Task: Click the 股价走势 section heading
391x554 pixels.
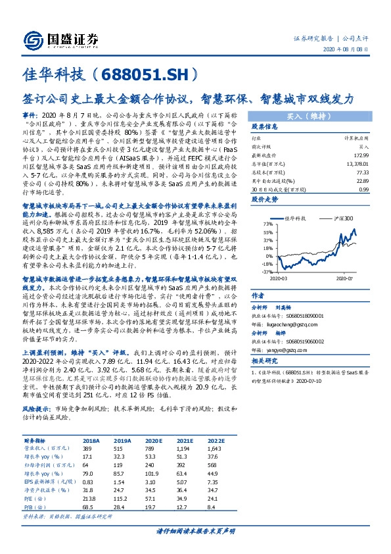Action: [266, 197]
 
